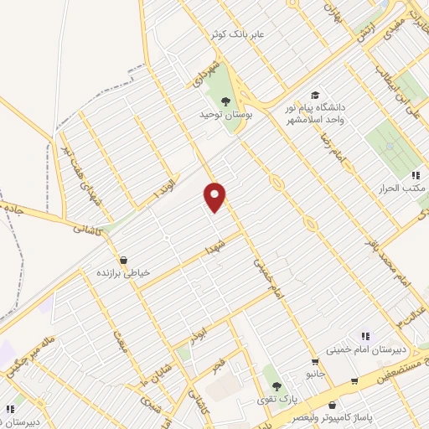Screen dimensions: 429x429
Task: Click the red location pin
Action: pos(216,196)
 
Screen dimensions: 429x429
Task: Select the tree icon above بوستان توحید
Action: pos(225,101)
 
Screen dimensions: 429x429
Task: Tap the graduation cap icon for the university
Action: pos(315,95)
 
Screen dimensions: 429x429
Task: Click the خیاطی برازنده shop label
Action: pos(125,273)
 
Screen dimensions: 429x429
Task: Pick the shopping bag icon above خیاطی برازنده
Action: pos(124,260)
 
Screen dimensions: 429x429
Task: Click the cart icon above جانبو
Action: pos(315,363)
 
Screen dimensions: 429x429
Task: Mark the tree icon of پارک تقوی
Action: pos(276,386)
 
